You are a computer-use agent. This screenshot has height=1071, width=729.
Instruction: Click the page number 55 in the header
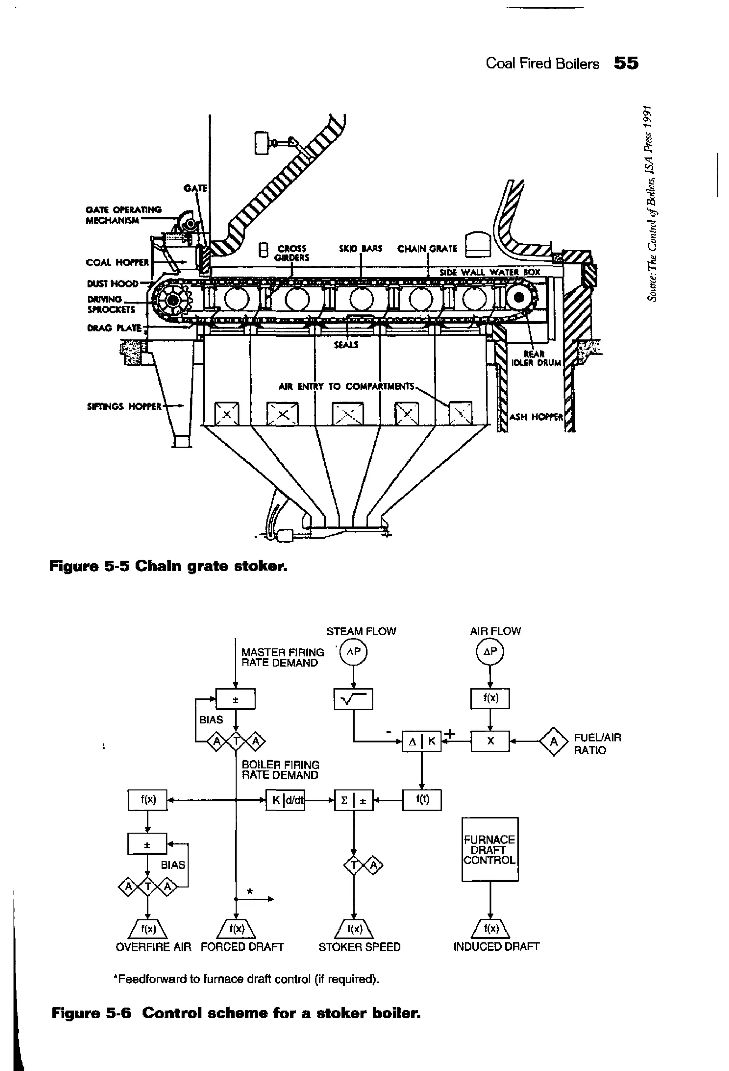point(626,63)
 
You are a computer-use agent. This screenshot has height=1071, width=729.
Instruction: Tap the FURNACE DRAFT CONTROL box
point(489,849)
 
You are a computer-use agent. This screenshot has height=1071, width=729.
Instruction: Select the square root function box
point(353,699)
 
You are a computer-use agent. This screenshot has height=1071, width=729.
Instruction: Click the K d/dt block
point(285,800)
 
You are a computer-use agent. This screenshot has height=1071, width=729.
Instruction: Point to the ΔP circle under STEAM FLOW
point(353,652)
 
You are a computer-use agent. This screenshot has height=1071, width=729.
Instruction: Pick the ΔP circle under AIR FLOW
point(490,652)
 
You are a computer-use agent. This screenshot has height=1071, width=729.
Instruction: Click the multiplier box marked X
point(490,741)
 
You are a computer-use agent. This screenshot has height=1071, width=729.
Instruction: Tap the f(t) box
point(422,800)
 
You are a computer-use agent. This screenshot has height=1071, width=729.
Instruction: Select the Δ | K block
point(421,741)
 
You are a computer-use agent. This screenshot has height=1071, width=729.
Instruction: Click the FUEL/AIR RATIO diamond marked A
point(554,742)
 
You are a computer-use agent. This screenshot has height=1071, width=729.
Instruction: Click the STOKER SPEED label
point(359,947)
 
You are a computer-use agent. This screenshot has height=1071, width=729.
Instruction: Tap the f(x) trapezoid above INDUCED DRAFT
point(491,929)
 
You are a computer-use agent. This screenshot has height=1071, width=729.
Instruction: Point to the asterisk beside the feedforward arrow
point(250,891)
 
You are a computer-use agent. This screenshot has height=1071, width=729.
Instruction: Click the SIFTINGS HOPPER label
point(124,406)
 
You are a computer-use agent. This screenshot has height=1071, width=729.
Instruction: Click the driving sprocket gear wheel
point(173,301)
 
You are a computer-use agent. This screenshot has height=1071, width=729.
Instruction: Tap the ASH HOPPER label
point(536,417)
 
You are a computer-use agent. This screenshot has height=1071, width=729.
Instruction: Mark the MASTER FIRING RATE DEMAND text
point(282,657)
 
